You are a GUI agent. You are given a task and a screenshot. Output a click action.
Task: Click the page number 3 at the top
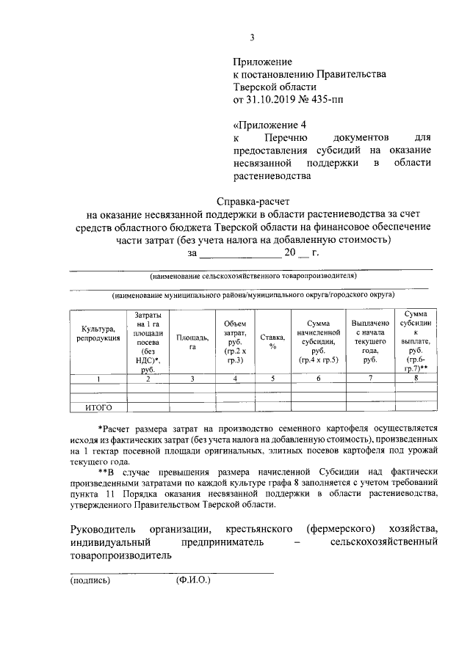252,38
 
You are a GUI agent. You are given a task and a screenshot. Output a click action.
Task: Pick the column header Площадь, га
192,342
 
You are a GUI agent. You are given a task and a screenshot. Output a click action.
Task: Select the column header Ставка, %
272,342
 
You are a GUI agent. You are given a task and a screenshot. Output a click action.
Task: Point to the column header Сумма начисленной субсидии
318,342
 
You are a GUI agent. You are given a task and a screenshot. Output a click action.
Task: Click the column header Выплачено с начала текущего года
370,342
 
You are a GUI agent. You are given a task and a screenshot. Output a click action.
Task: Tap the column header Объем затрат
235,342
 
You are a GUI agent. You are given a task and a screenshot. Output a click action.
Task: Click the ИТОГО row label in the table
98,406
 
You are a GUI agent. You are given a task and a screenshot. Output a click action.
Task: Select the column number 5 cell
272,379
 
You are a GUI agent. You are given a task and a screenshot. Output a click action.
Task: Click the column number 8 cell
416,379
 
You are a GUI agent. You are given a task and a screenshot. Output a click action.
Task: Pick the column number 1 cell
98,379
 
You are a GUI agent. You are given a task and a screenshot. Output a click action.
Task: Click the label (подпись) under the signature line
90,580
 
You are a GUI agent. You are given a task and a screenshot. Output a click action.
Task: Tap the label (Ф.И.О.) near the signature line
192,580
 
